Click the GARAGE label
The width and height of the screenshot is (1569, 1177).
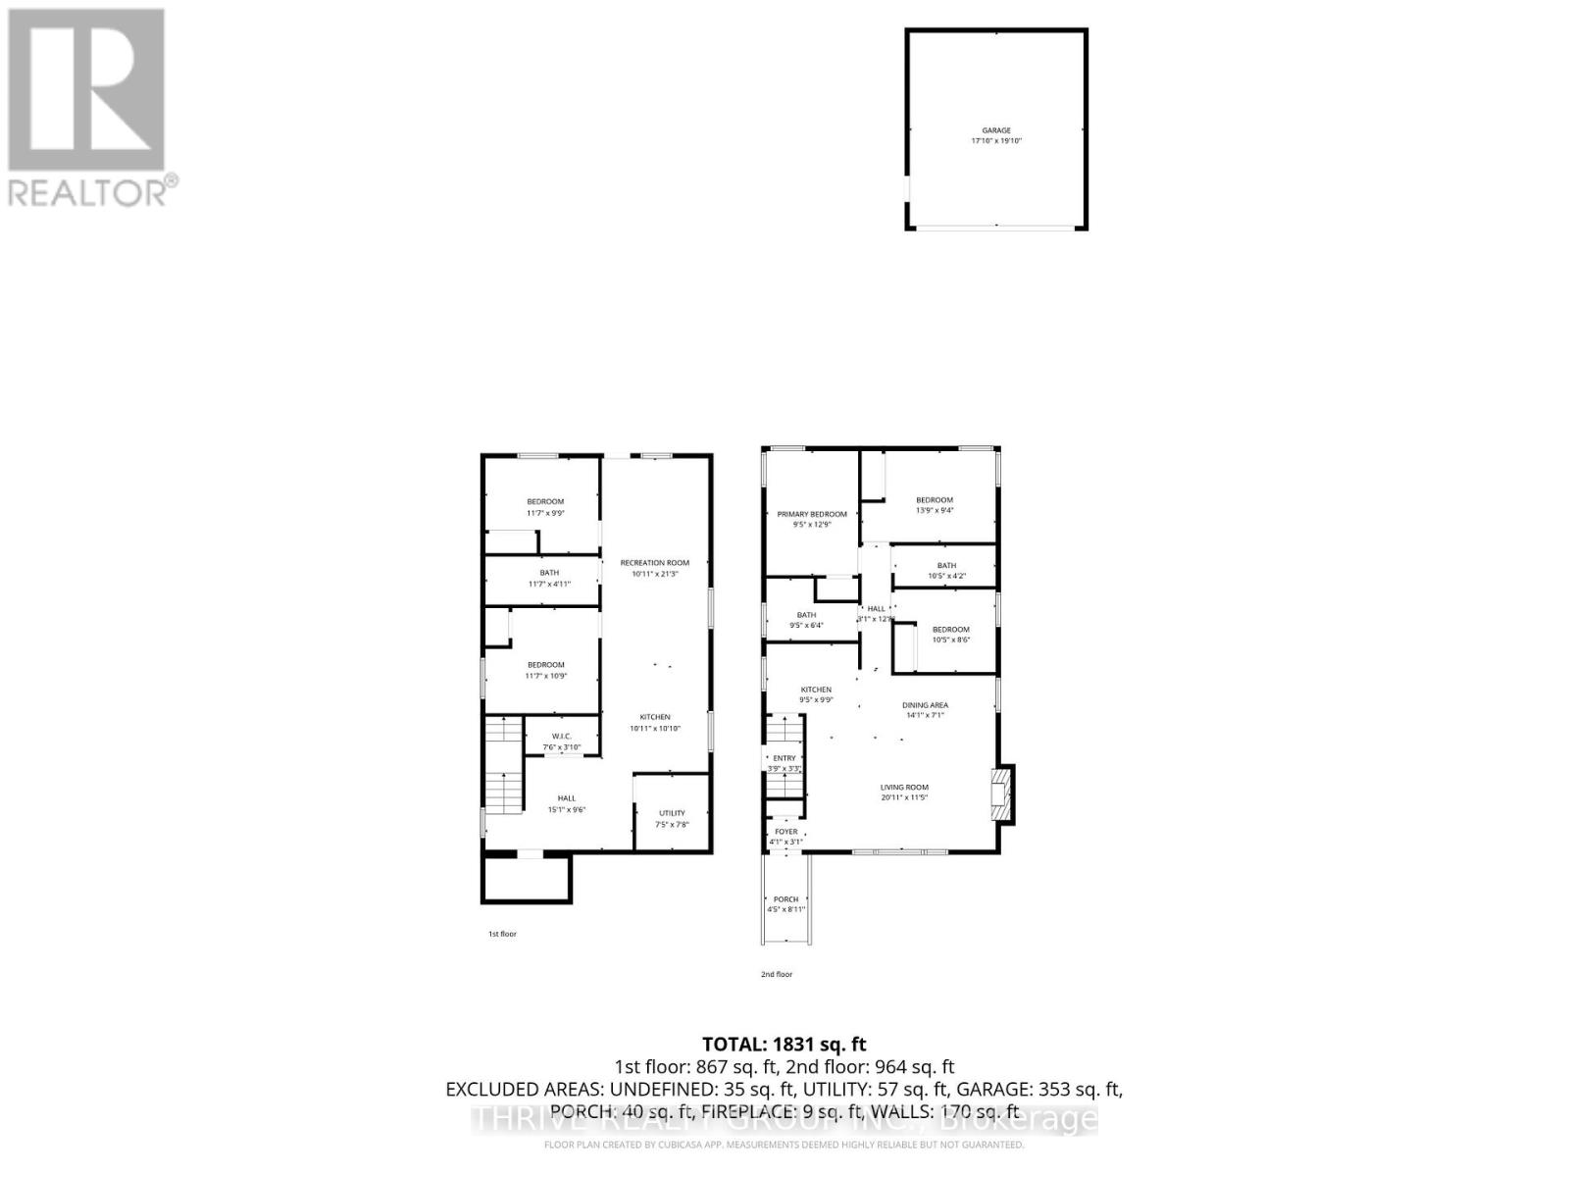(996, 130)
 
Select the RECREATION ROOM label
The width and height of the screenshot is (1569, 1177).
(654, 563)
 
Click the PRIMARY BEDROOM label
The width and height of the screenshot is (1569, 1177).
(812, 514)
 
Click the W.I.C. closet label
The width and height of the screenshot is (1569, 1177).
(562, 737)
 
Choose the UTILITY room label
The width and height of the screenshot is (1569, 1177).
(672, 813)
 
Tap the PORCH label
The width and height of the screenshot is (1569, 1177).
(785, 899)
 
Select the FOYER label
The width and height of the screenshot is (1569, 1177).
(785, 832)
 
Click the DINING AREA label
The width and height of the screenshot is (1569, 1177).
(925, 705)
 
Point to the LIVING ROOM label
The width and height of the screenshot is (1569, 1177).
(904, 787)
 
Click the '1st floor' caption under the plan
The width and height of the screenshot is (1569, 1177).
(502, 934)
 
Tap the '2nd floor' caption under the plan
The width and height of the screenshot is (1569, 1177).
(777, 974)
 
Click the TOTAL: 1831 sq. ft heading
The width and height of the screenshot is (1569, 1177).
(784, 1045)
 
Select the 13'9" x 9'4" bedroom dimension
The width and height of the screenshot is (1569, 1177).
(935, 510)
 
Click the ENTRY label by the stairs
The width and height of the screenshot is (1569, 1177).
(784, 758)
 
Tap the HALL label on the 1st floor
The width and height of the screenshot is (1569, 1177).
(567, 798)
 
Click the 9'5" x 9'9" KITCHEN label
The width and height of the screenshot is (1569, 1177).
(816, 694)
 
